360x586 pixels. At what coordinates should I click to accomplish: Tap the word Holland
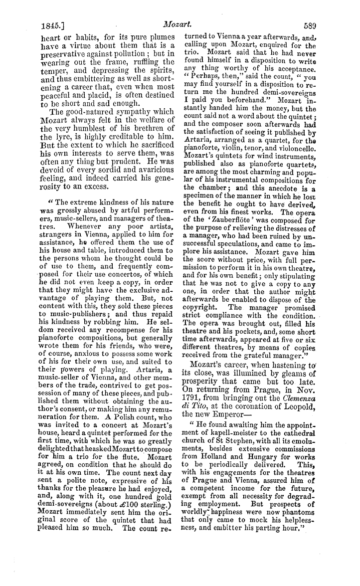pos(215,443)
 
